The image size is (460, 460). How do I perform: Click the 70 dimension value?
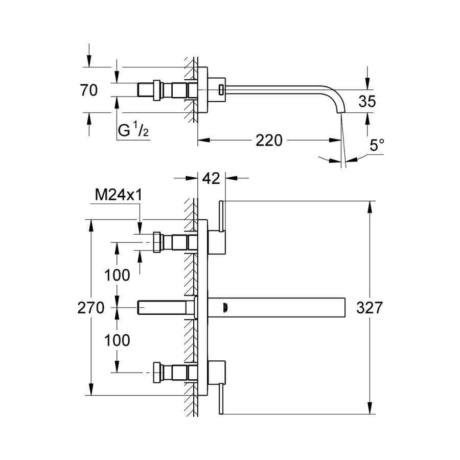(x=88, y=90)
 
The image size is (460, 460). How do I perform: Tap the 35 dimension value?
(x=367, y=101)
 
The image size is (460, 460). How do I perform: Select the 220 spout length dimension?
(x=269, y=140)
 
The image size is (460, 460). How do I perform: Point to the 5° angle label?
(x=377, y=145)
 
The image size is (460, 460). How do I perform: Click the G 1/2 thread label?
(x=133, y=130)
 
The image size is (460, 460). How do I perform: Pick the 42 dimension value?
(x=211, y=178)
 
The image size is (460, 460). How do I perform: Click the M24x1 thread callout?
(x=119, y=195)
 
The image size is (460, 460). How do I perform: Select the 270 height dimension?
(x=90, y=308)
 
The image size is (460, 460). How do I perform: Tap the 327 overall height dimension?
(x=370, y=308)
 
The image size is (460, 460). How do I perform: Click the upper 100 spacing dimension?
(x=117, y=275)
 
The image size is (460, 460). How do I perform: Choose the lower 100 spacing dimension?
(x=117, y=340)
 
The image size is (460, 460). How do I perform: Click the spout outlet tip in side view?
(x=341, y=113)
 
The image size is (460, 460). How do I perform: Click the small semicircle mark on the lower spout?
(x=225, y=308)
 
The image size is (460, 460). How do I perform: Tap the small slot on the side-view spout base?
(x=221, y=90)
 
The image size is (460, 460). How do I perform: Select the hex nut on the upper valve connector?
(x=157, y=242)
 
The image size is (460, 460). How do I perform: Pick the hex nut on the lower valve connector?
(x=157, y=373)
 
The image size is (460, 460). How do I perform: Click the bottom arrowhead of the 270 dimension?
(x=91, y=389)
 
